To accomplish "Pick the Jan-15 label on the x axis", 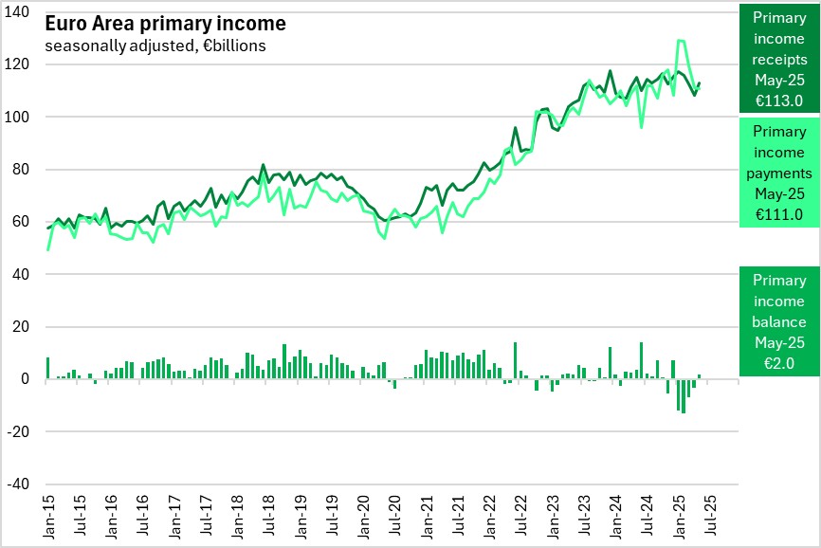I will (49, 516).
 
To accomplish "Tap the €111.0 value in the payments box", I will (779, 214).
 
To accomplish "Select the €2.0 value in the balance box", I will (779, 362).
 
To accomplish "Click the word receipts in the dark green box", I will (779, 60).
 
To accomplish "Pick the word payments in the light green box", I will (779, 173).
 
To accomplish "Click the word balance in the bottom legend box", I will (779, 321).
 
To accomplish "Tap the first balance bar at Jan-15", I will (47, 368).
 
